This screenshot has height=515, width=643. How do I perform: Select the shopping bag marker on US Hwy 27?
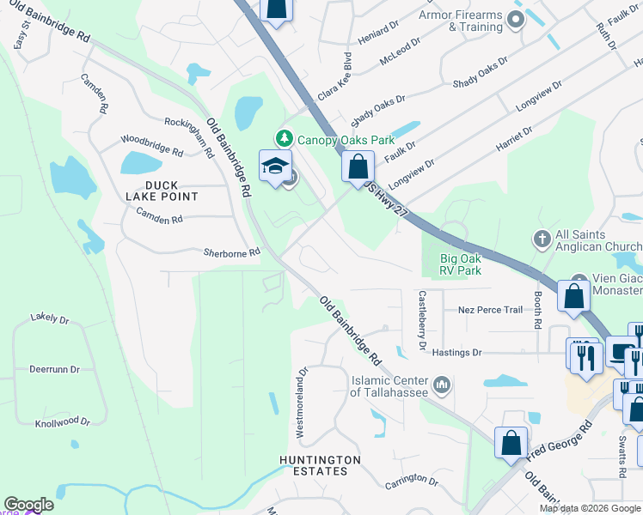[x=358, y=167]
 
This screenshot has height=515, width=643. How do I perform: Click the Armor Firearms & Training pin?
[x=516, y=19]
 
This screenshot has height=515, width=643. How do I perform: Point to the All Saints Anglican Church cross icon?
[x=542, y=238]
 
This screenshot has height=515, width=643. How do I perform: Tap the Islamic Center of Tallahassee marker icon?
[x=442, y=384]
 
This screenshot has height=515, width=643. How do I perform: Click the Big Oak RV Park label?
[x=449, y=263]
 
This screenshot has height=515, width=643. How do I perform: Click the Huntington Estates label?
[x=314, y=464]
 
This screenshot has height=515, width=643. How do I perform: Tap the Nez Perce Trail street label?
[x=491, y=310]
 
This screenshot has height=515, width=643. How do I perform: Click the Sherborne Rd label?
[x=231, y=253]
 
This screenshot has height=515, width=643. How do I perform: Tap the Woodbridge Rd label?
[x=151, y=145]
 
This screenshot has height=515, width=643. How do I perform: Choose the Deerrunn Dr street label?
[x=54, y=369]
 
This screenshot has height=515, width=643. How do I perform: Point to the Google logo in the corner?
[x=28, y=505]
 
